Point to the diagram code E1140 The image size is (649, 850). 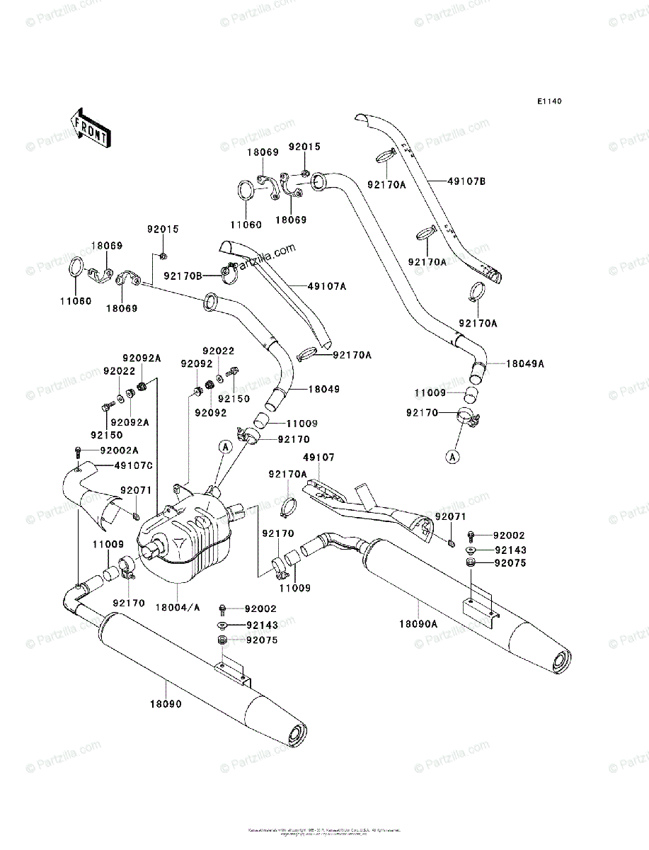click(x=549, y=102)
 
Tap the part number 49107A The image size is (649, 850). click(x=326, y=285)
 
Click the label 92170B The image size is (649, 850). click(x=183, y=276)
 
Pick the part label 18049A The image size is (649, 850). click(x=524, y=363)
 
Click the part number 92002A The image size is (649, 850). click(x=119, y=450)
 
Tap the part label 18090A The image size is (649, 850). click(x=418, y=623)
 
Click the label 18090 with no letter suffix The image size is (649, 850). click(x=165, y=705)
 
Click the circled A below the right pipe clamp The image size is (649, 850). click(x=452, y=457)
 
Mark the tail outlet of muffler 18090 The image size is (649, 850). click(x=297, y=735)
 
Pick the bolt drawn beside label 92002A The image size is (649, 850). click(x=77, y=451)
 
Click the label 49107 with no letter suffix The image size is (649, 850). click(x=318, y=458)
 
